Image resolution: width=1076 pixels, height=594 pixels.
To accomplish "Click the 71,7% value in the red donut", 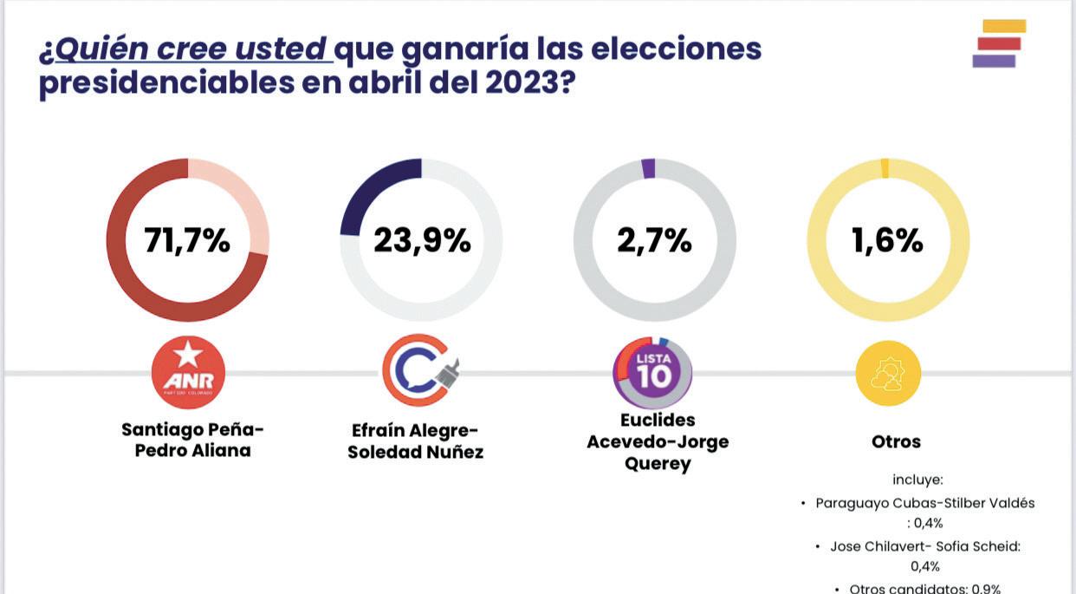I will [187, 241].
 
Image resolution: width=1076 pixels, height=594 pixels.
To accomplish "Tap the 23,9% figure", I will [422, 241].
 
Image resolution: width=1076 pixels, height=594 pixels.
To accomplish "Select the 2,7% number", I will [654, 241].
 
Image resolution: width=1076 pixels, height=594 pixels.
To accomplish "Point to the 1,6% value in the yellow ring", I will [887, 241].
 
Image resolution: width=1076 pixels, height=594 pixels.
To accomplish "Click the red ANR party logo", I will [188, 372].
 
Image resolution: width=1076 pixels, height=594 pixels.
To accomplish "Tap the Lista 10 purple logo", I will [653, 372].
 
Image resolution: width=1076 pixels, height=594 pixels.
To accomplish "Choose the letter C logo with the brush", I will [419, 371].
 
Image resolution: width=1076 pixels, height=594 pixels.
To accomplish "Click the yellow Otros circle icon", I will [888, 373].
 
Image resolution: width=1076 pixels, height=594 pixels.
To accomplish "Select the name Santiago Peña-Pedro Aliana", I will [192, 440].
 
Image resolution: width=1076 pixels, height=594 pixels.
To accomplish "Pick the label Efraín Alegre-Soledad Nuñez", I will [416, 441].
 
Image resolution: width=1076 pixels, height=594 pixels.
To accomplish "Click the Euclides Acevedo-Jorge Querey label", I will [658, 441].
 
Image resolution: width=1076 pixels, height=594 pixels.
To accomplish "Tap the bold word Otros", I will [896, 441].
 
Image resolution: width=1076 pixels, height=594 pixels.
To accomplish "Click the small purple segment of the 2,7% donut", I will [648, 169].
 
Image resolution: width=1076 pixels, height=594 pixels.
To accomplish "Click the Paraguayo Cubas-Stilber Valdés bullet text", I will [924, 503].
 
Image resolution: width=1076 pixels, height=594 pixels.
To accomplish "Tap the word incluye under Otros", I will [917, 480].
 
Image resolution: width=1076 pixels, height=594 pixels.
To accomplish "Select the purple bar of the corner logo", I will [994, 61].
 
